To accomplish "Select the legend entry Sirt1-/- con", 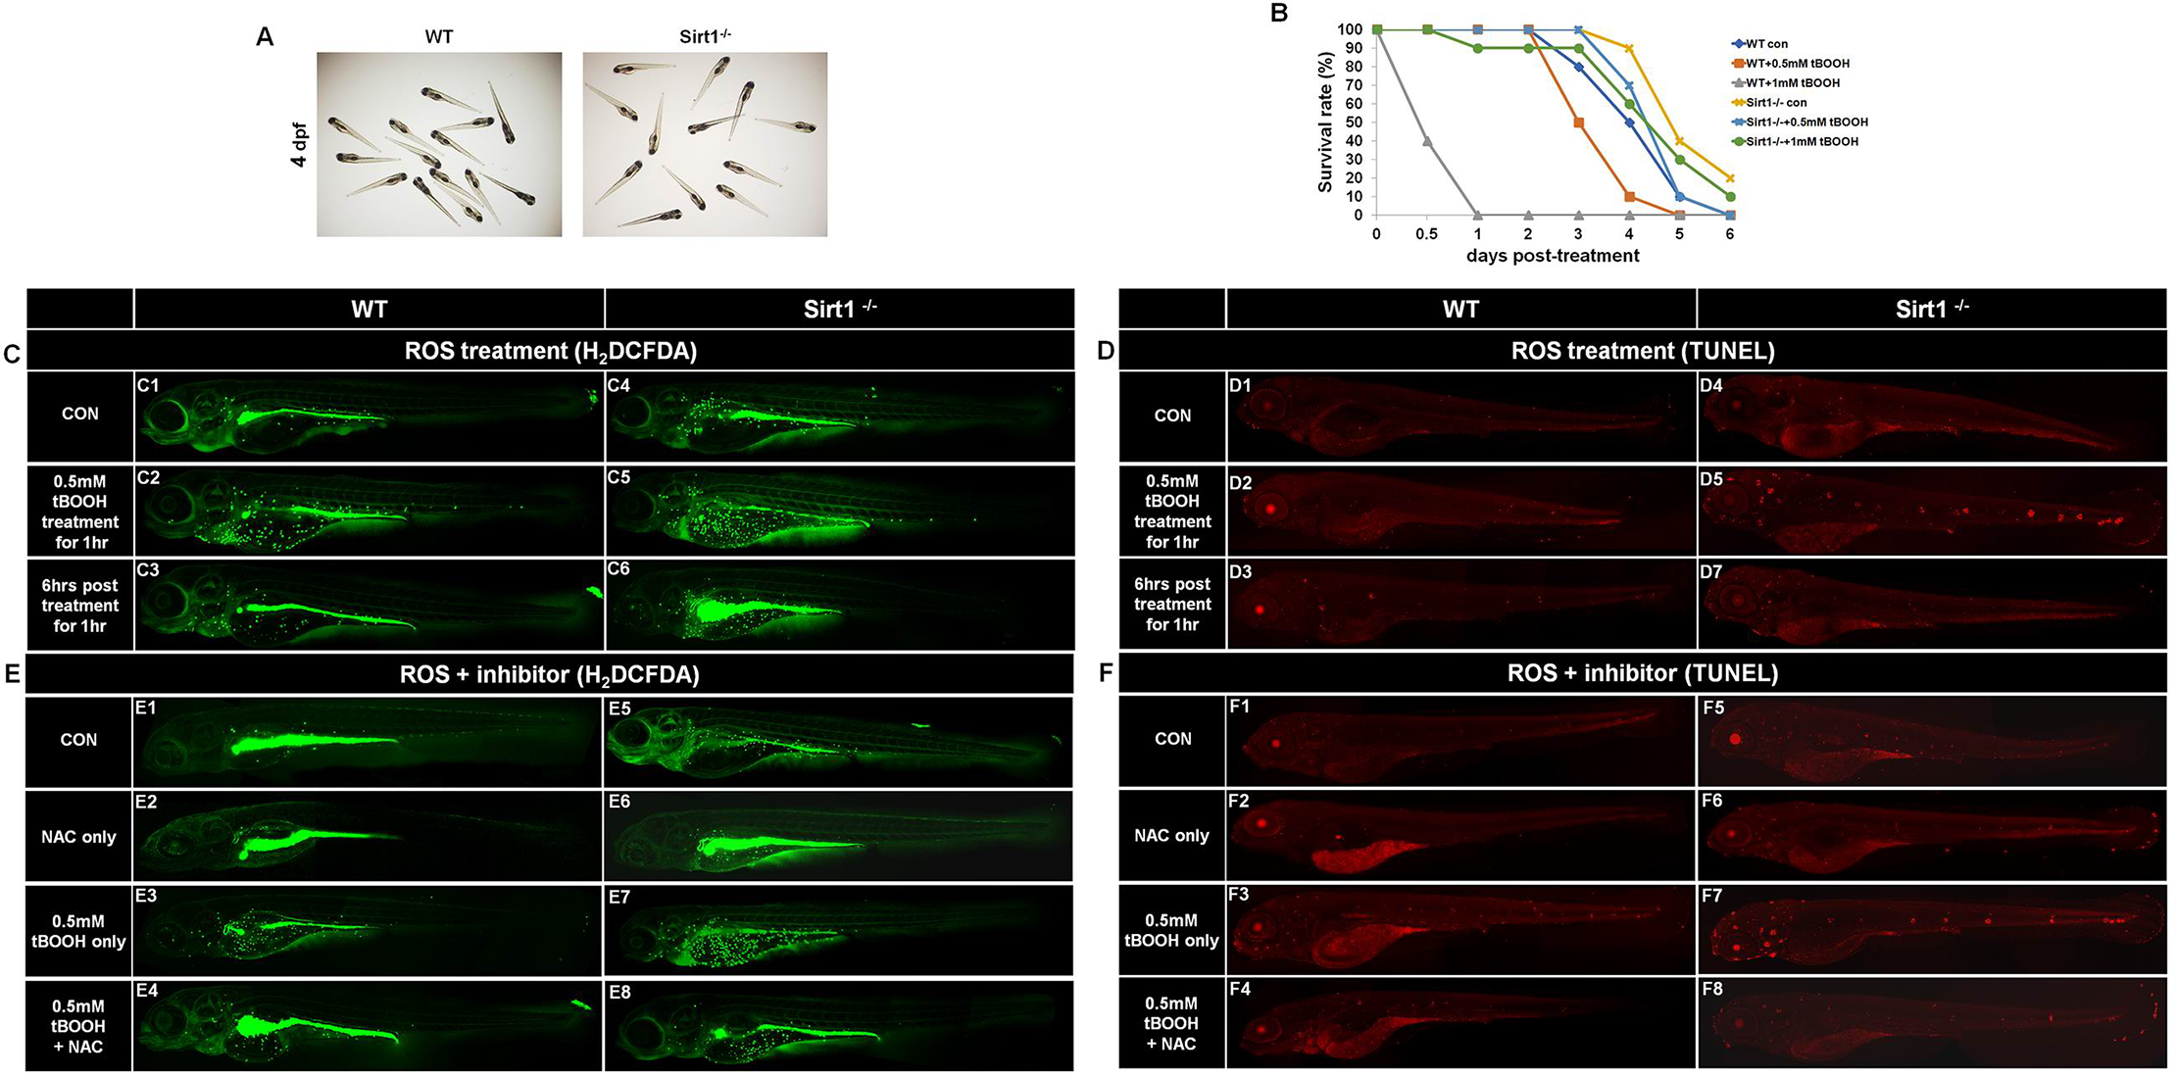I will (x=1776, y=103).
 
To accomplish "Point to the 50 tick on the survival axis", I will (x=1353, y=122).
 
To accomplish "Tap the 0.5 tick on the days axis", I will (x=1427, y=234).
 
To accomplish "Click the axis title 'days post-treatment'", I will (x=1553, y=256).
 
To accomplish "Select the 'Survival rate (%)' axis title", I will (x=1325, y=122).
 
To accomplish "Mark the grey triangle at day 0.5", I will (x=1427, y=141).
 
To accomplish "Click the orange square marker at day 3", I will (x=1578, y=122).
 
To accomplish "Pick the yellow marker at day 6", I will (x=1730, y=178).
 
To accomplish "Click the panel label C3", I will (x=148, y=569).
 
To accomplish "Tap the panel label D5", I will (x=1711, y=479).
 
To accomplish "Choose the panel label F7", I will (x=1712, y=896).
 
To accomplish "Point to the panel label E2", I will (x=146, y=802).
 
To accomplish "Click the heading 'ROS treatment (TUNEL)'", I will (x=1643, y=351).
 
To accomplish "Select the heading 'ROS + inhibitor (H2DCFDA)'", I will (x=549, y=674).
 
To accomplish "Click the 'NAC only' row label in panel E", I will (x=78, y=837).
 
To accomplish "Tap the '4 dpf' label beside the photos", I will (x=299, y=144).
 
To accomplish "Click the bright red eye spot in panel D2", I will (x=1270, y=508).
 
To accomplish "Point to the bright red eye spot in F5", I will (x=1735, y=739).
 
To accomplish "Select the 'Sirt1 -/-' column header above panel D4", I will (x=1931, y=309).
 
